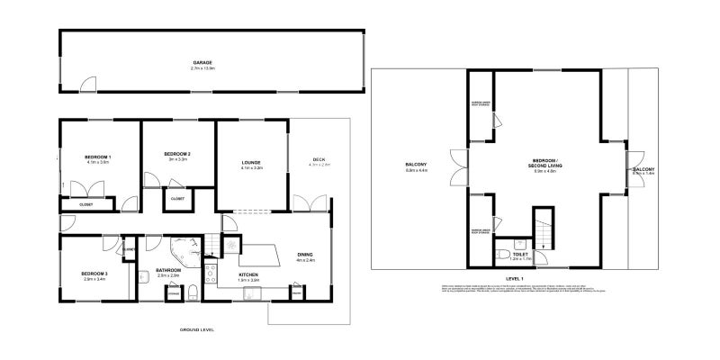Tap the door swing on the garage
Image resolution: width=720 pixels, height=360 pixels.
88,85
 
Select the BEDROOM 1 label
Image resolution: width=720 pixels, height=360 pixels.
97,157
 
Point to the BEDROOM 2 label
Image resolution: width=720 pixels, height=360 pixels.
176,155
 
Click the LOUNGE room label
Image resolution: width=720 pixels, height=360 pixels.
251,163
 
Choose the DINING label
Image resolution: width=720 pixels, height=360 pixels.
305,255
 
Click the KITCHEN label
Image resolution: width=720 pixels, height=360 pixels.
248,274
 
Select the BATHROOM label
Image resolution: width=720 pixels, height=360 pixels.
168,270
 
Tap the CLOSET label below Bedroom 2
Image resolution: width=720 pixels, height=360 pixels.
177,198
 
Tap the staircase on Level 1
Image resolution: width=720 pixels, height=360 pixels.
543,229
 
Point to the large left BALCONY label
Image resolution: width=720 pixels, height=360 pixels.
416,165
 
